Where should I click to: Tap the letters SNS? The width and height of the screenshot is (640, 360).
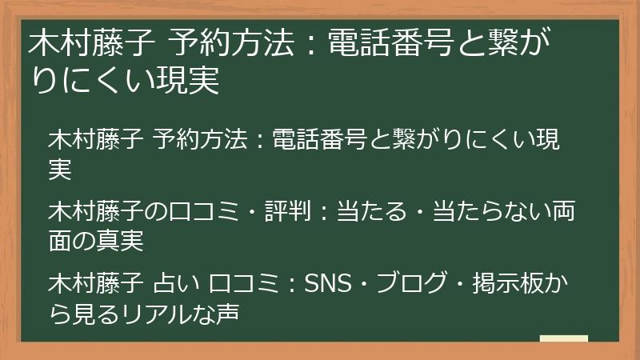coord(326,286)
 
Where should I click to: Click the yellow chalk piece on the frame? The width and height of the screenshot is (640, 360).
coord(563,338)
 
